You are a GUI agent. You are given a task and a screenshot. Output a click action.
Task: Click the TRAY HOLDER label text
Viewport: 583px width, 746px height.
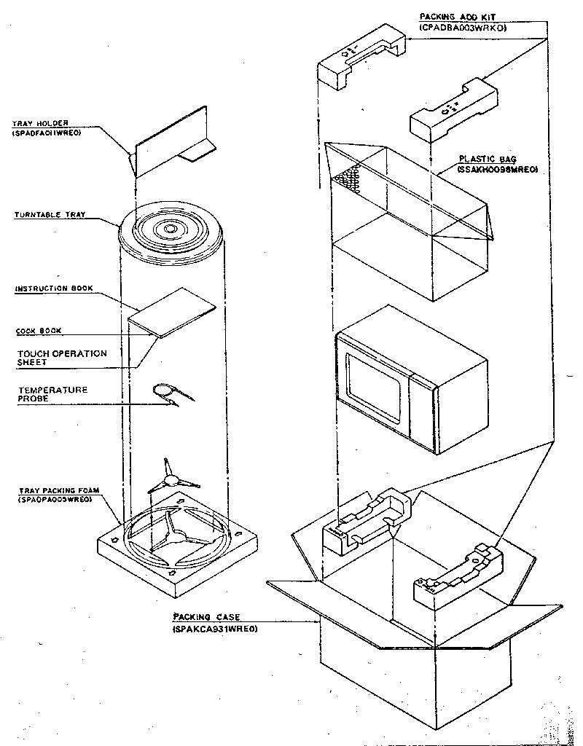(x=40, y=124)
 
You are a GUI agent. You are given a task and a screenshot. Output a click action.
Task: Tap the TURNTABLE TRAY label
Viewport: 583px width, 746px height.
(x=50, y=216)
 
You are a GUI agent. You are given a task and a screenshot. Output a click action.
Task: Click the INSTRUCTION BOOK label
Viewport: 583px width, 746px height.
(x=54, y=289)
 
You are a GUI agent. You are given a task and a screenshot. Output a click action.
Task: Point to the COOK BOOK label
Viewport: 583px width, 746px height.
(x=39, y=331)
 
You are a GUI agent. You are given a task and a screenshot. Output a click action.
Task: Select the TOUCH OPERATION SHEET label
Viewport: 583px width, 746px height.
(x=61, y=358)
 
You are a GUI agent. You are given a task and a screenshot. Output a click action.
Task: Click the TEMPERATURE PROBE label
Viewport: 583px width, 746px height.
(x=52, y=394)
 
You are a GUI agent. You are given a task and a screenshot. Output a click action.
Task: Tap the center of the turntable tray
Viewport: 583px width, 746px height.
(x=170, y=229)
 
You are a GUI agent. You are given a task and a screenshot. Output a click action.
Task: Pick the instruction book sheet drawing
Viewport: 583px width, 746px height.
(x=173, y=312)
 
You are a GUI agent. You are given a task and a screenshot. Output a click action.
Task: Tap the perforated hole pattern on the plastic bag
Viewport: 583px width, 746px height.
(x=348, y=177)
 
